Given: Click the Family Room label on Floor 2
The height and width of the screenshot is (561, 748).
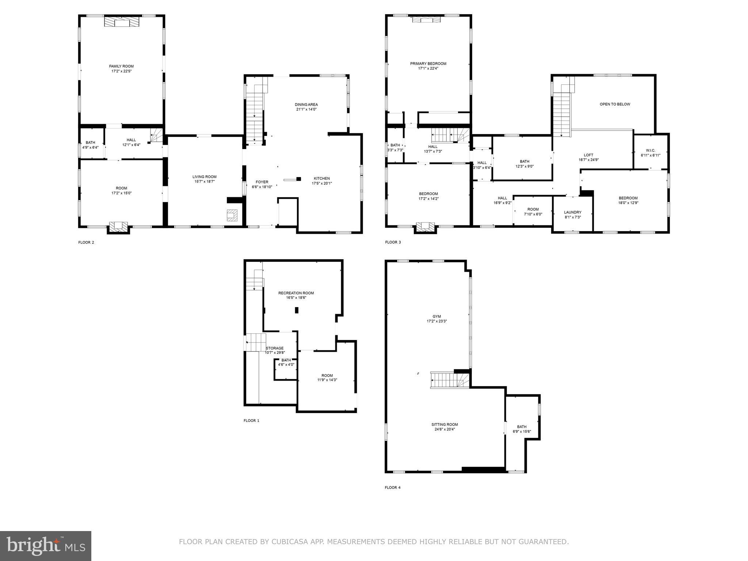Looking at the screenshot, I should click(x=121, y=66).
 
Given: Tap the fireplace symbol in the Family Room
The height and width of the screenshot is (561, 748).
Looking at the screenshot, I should click(x=122, y=22).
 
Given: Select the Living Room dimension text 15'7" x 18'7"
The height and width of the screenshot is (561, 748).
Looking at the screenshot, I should click(x=205, y=182).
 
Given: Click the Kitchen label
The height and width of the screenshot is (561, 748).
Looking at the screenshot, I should click(x=321, y=178).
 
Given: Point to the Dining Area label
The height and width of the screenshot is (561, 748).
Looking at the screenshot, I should click(x=306, y=104).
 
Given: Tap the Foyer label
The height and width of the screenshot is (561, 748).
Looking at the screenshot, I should click(x=262, y=182).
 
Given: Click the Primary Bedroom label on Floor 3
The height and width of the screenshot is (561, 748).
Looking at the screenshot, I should click(x=428, y=64).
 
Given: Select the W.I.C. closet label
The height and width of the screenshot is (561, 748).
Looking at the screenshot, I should click(x=650, y=150).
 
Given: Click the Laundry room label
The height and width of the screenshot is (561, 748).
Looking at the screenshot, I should click(x=572, y=212).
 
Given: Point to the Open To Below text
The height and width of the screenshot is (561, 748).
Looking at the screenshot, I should click(x=615, y=104).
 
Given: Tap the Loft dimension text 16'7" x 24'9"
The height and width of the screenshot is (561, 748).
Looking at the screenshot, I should click(x=588, y=160).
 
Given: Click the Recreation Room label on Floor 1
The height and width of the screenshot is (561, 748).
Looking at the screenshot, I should click(x=296, y=293).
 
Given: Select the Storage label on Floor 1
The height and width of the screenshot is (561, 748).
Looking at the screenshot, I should click(x=275, y=348).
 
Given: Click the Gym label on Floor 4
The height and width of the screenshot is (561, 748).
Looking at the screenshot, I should click(x=436, y=316).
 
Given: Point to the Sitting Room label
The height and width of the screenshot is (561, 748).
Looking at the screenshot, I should click(x=444, y=424).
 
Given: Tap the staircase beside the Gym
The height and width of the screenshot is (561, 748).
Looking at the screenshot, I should click(x=450, y=380).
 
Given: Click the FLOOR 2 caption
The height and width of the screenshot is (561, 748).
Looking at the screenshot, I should click(x=86, y=242).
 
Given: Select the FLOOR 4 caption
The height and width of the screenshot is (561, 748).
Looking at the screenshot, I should click(x=393, y=487).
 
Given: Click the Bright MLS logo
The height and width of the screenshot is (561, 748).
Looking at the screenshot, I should click(x=46, y=546).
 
